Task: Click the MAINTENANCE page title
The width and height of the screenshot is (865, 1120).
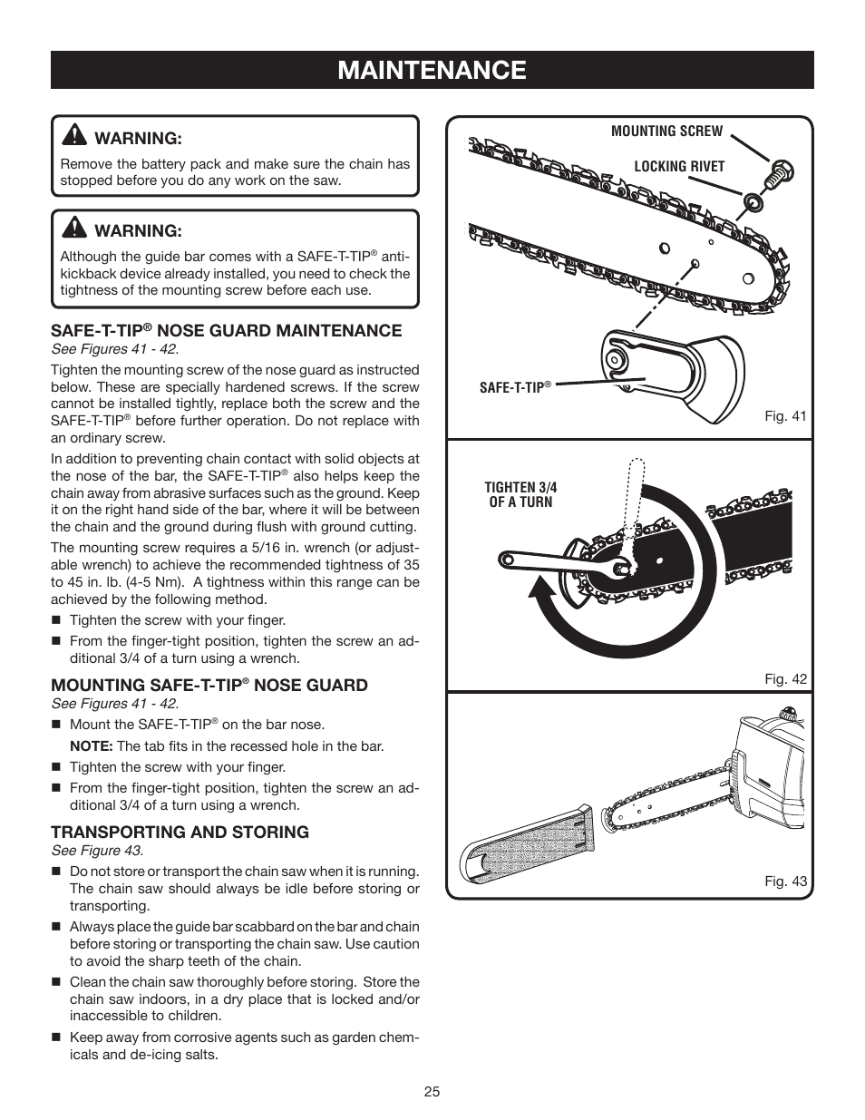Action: click(432, 70)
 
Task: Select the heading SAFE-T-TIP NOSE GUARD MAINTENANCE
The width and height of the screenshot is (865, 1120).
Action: click(226, 331)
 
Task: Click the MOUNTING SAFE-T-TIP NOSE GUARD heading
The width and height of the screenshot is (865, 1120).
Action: click(209, 686)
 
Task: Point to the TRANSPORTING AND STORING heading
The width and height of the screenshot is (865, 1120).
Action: click(180, 832)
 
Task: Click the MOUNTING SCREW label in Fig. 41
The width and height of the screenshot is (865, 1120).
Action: click(666, 131)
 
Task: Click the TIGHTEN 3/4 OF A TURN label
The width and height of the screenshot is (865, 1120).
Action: click(520, 494)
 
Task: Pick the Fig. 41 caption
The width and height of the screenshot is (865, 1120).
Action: click(785, 416)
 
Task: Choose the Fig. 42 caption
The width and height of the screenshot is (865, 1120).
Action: click(785, 678)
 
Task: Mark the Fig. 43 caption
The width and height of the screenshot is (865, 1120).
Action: click(785, 881)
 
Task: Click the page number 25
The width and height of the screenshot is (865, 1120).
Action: click(432, 1092)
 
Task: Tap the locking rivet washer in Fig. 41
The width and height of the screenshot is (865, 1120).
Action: click(753, 200)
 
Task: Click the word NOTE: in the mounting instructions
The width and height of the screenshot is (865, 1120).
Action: click(91, 746)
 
